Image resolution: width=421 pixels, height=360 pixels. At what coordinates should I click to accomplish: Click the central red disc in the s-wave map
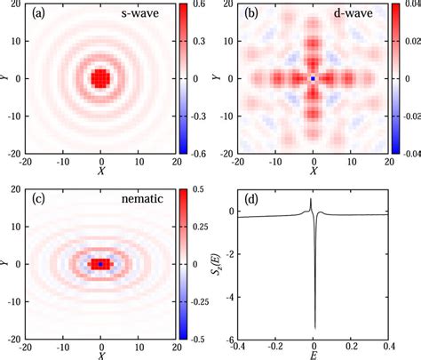[x=100, y=78]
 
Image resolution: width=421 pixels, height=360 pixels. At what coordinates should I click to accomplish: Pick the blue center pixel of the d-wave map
[x=313, y=78]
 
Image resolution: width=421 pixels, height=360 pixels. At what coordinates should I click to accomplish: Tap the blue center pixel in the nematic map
[x=100, y=264]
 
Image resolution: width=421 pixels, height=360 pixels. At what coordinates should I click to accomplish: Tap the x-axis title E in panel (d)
[x=314, y=354]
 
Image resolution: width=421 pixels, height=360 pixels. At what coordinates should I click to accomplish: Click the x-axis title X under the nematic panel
[x=100, y=354]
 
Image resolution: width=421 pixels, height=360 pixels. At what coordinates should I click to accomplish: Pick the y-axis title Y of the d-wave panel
[x=216, y=78]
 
